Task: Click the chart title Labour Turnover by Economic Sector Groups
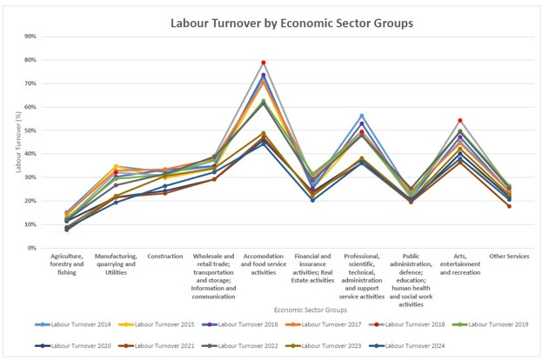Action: [x=291, y=22]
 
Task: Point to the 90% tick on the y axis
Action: [x=30, y=37]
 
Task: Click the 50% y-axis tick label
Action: [x=30, y=130]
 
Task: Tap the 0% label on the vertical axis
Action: [x=31, y=248]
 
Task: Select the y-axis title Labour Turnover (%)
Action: [x=19, y=141]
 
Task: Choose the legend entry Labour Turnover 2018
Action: [x=413, y=324]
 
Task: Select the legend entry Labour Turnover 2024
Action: [x=413, y=345]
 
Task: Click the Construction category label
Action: [x=164, y=257]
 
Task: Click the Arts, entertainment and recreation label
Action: [x=459, y=264]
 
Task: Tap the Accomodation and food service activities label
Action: [x=263, y=264]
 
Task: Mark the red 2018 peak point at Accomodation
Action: [x=263, y=63]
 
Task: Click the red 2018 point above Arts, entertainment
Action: [x=459, y=121]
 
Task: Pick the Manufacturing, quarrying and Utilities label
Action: [x=115, y=264]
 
